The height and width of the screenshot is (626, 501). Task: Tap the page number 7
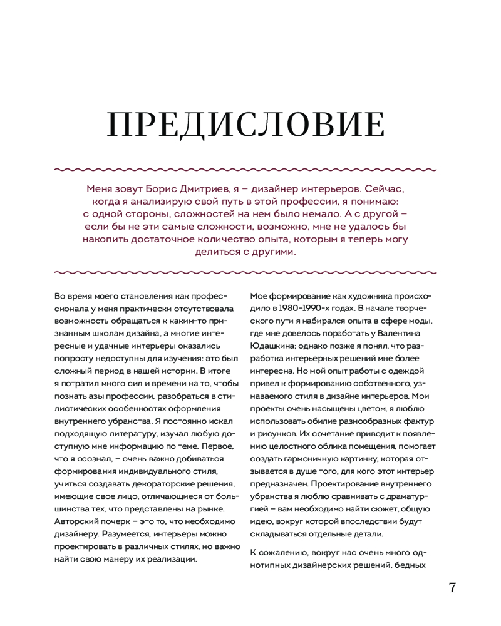click(452, 588)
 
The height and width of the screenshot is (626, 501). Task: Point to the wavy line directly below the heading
click(245, 169)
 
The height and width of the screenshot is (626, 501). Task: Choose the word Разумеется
click(125, 534)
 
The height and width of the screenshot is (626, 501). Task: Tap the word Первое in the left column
click(217, 446)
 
